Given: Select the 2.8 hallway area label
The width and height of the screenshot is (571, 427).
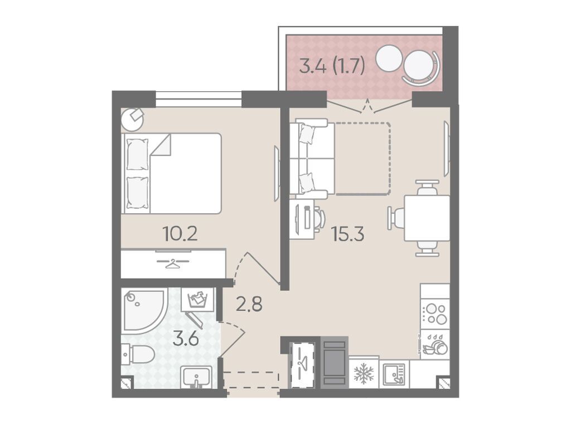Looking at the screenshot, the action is [249, 304].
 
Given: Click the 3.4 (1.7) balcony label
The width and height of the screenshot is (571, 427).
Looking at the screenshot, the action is [332, 66].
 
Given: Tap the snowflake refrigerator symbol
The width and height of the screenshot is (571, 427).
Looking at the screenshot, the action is [364, 374].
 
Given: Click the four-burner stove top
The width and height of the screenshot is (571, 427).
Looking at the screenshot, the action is [435, 313].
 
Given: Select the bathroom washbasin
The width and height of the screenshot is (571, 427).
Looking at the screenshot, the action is [196, 377].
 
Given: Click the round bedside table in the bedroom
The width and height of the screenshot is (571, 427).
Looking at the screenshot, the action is [132, 120].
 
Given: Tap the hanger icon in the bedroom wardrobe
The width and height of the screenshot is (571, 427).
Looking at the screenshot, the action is [173, 263].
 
